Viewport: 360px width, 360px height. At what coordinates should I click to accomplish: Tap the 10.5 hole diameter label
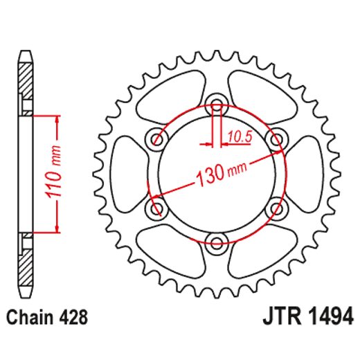coord(237,137)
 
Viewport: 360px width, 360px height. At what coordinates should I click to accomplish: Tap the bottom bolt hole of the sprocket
coord(217,240)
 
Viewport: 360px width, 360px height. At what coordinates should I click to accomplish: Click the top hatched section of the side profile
coord(25,80)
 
